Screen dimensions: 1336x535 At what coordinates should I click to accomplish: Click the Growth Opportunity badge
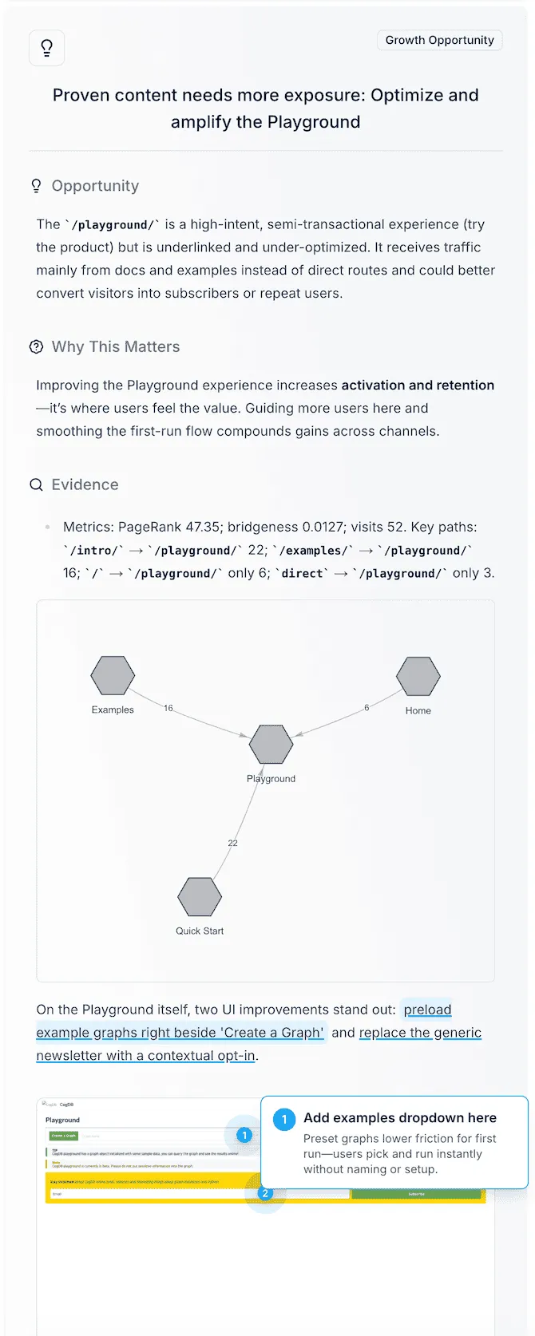(439, 40)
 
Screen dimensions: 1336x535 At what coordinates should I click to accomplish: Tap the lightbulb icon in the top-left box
(46, 48)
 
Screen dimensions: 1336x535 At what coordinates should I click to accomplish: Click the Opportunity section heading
(95, 186)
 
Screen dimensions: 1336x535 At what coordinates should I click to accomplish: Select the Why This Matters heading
(116, 347)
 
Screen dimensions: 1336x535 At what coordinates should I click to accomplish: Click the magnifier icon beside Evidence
(36, 485)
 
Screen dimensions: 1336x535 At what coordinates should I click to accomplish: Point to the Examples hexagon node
(113, 676)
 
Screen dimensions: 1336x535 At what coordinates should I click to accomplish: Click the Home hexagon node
(418, 677)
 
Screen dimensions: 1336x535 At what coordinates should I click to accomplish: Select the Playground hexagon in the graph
(271, 745)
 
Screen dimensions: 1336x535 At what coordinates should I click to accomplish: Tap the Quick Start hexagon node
(200, 897)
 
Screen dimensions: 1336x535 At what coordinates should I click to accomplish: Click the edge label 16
(168, 708)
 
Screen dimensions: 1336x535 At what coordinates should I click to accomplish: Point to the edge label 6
(367, 708)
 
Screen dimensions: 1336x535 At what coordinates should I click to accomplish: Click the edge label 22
(232, 843)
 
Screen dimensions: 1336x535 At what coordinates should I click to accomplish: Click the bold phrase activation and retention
(418, 385)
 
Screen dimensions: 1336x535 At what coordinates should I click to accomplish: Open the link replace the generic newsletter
(420, 1033)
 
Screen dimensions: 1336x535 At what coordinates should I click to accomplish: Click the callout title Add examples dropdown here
(399, 1118)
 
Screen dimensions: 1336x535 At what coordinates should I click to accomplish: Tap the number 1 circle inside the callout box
(284, 1120)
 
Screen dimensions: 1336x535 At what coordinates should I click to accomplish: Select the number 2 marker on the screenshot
(265, 1193)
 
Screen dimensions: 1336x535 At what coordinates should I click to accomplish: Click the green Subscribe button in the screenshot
(416, 1194)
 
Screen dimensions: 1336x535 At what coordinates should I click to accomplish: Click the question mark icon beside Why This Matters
(36, 347)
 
